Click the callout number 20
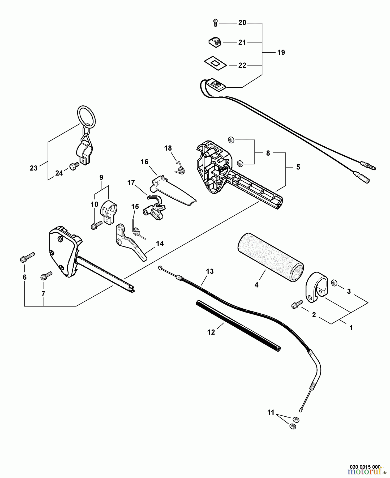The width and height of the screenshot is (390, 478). (242, 23)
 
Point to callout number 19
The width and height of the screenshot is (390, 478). (281, 53)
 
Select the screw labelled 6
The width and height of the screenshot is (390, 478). (27, 257)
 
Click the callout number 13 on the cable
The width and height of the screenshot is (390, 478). (209, 271)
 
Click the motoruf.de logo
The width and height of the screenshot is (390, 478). (367, 472)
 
